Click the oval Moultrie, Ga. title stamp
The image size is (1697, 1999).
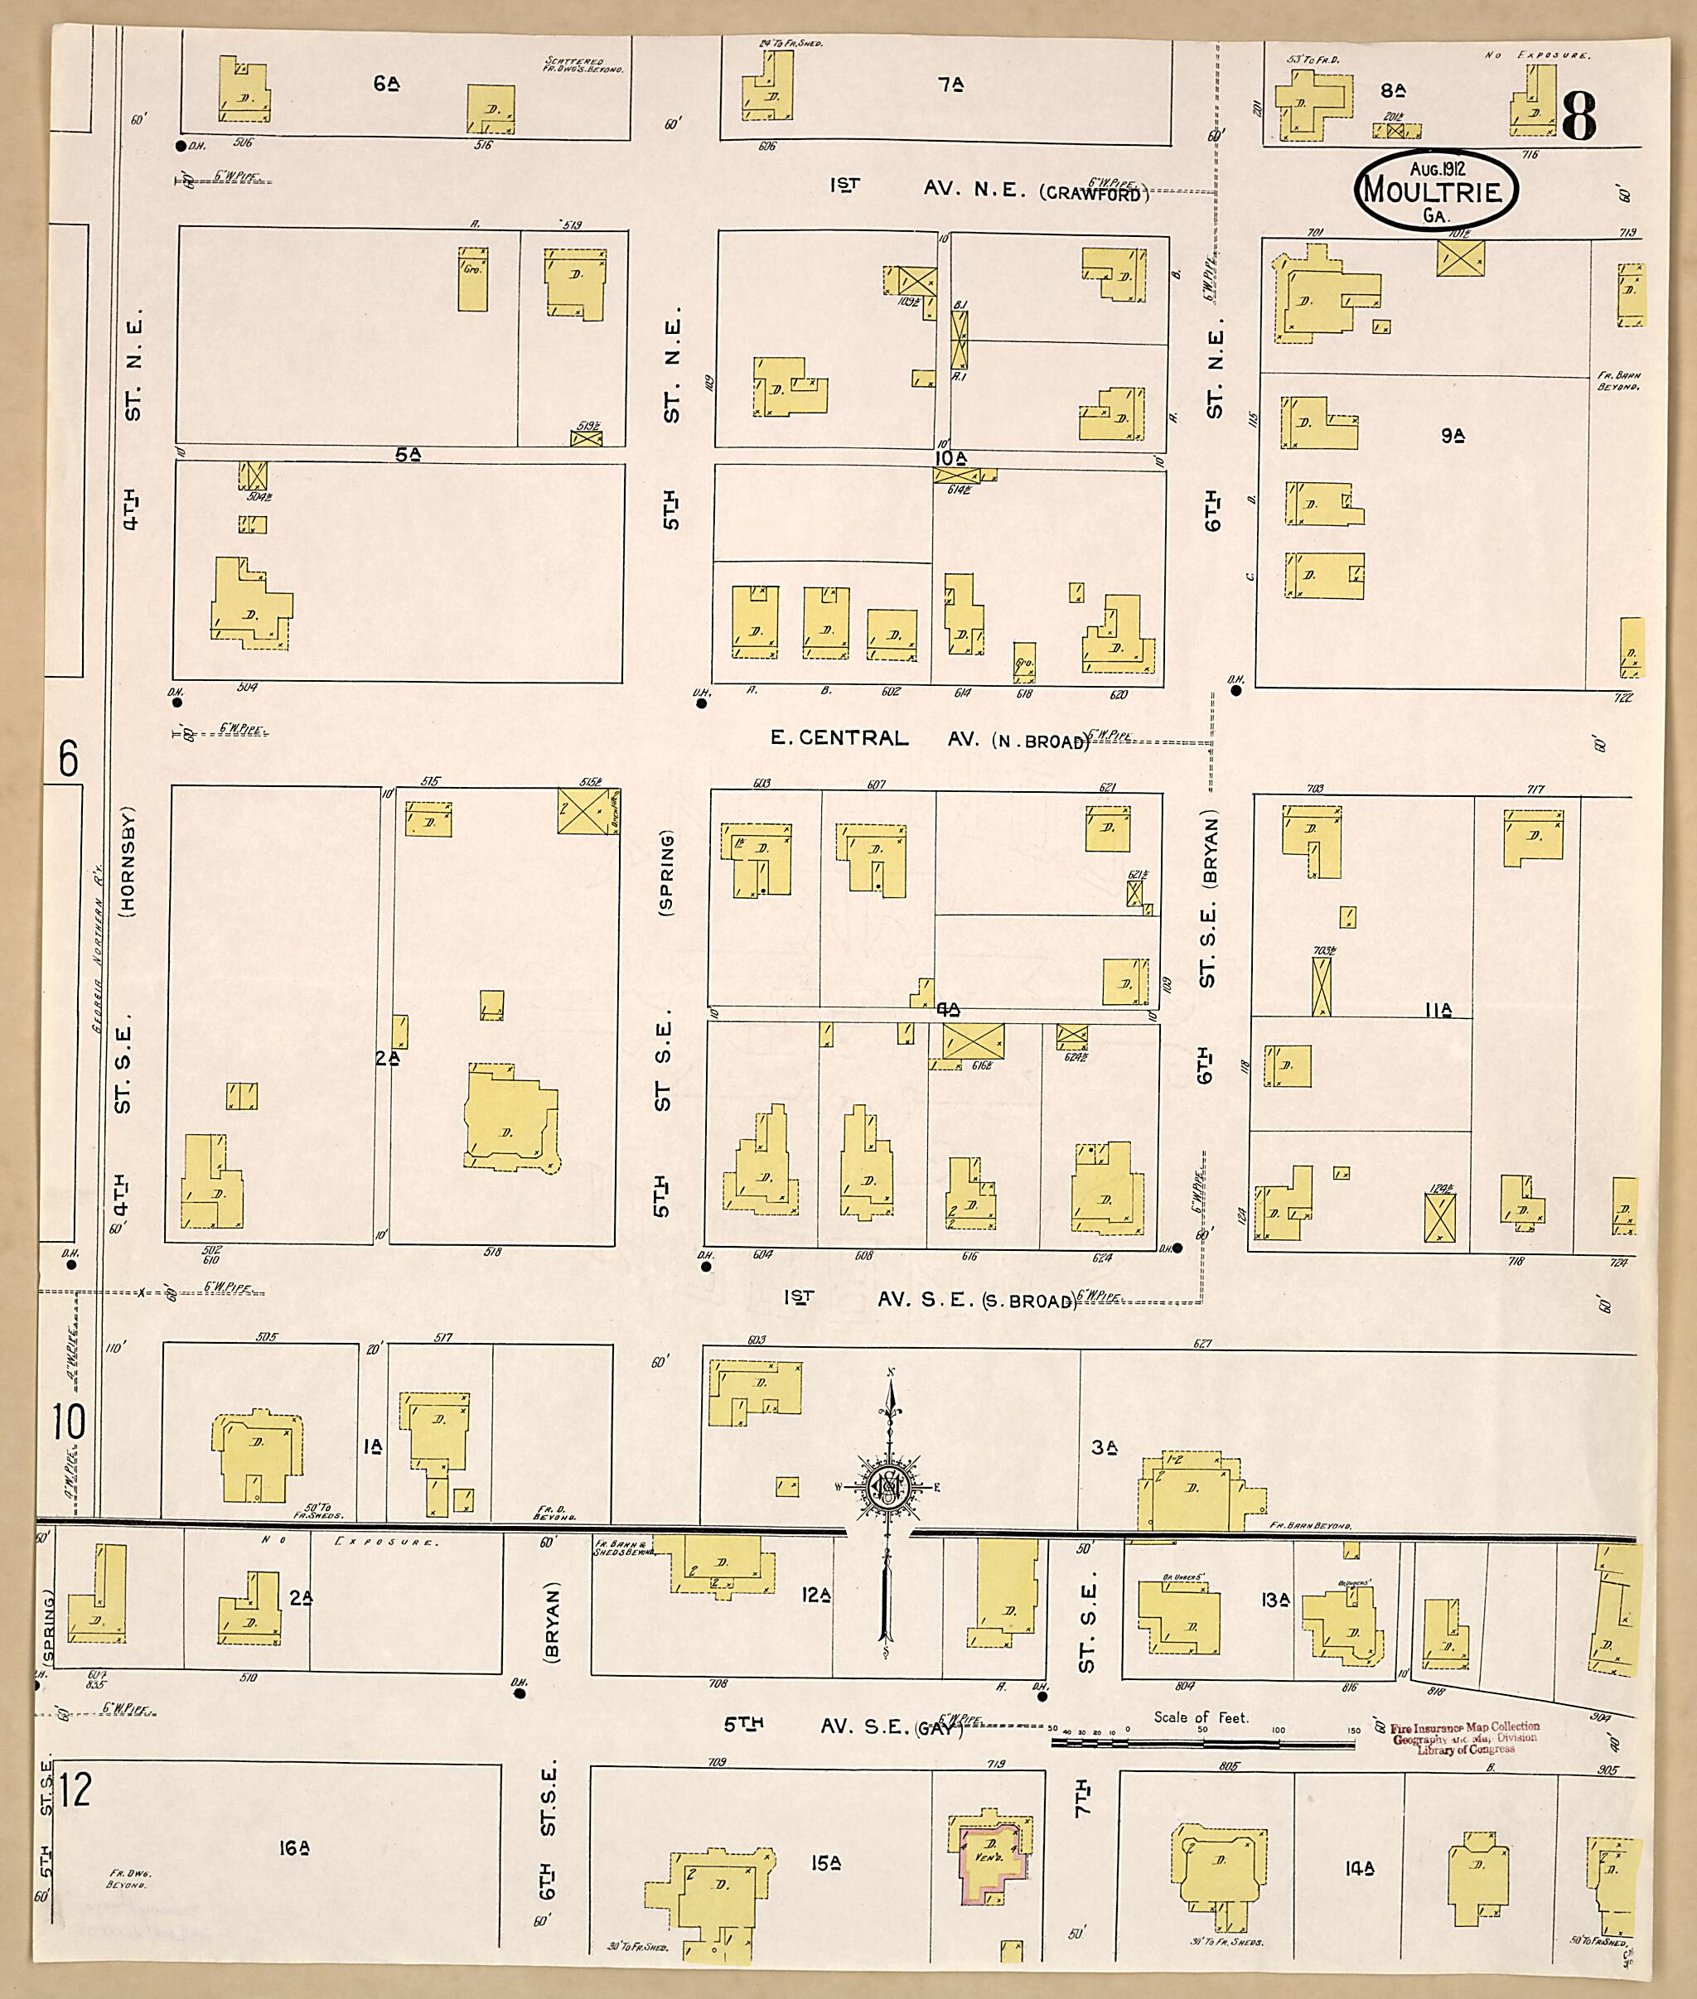pyautogui.click(x=1434, y=190)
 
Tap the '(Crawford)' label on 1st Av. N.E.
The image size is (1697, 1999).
pyautogui.click(x=1094, y=193)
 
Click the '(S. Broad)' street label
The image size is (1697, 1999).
pyautogui.click(x=1027, y=1301)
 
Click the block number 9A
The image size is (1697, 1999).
pyautogui.click(x=1453, y=436)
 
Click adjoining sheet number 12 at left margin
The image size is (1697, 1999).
pyautogui.click(x=74, y=1790)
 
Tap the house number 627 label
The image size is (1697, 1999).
pyautogui.click(x=1201, y=1343)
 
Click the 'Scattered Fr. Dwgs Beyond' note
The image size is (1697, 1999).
pyautogui.click(x=584, y=65)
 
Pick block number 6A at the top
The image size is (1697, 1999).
pyautogui.click(x=387, y=84)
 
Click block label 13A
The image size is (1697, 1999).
pyautogui.click(x=1275, y=1600)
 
